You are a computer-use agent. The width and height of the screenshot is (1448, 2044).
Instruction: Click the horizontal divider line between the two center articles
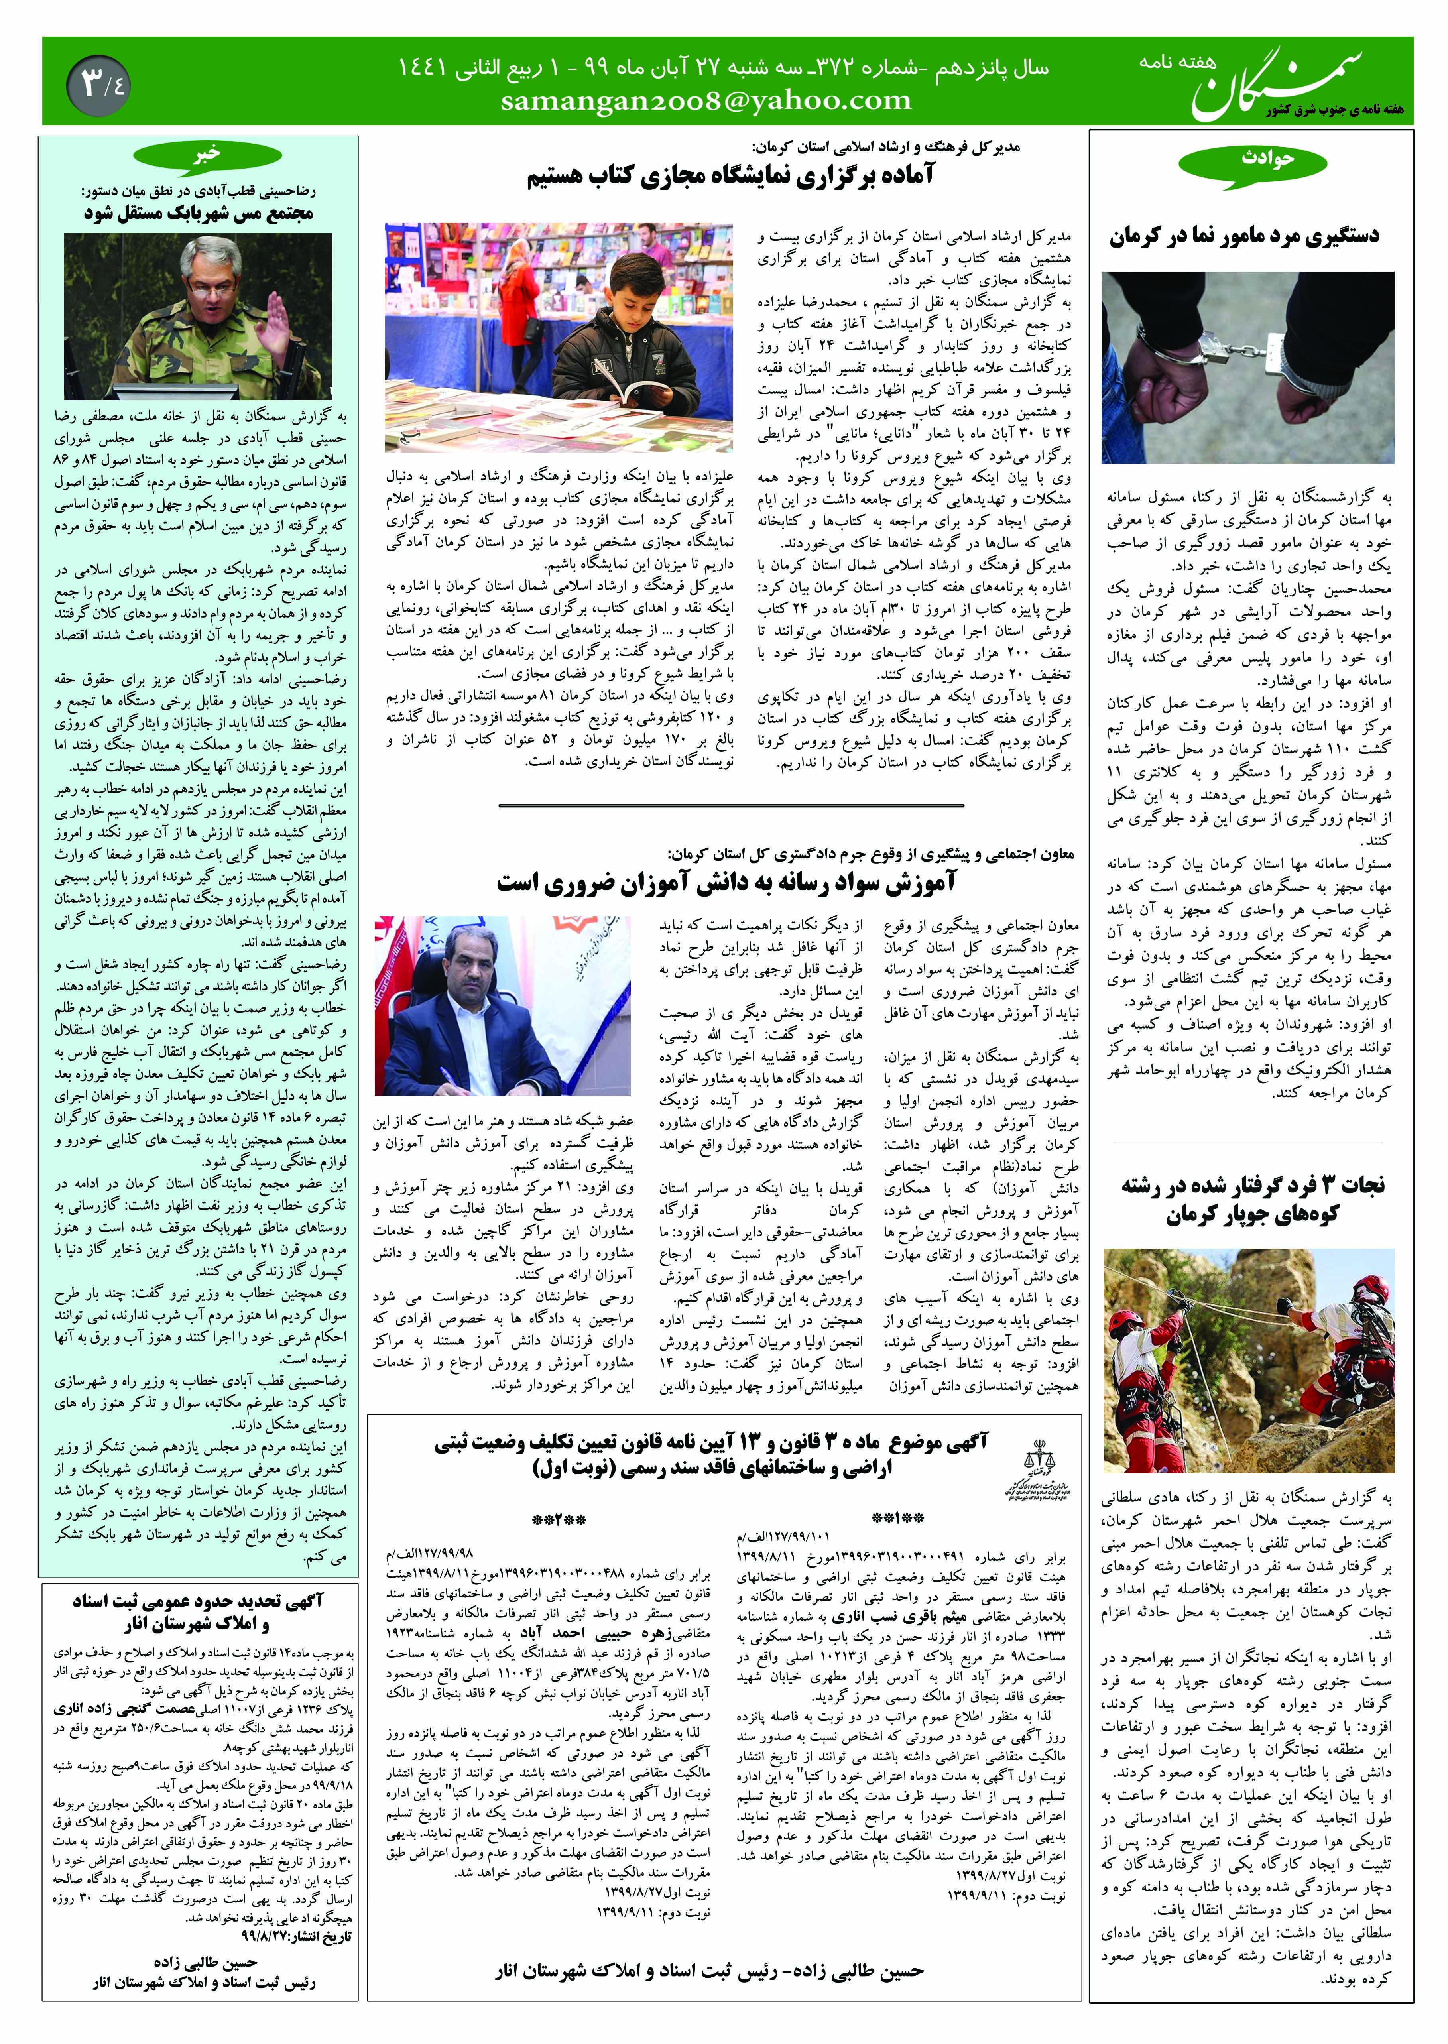click(x=731, y=805)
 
